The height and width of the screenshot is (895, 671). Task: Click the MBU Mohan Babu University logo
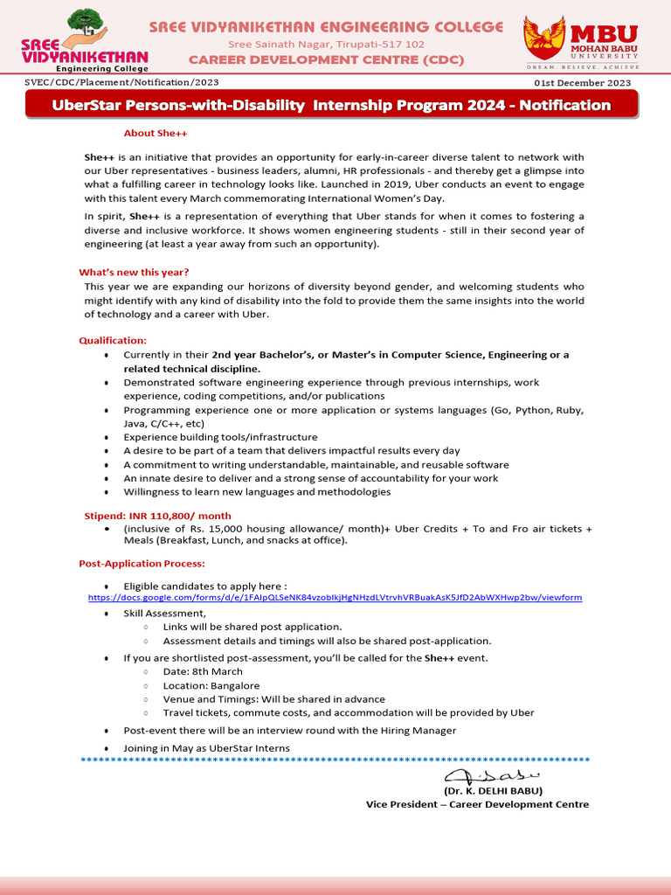point(580,41)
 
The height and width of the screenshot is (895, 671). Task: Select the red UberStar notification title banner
point(331,106)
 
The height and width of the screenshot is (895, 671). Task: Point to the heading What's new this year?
point(134,272)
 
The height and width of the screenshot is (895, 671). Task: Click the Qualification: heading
point(113,340)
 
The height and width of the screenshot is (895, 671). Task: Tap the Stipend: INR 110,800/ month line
point(157,516)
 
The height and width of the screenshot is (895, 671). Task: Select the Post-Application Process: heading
point(142,564)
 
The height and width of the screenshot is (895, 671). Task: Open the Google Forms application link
point(335,597)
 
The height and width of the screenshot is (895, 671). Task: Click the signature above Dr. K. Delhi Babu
point(492,776)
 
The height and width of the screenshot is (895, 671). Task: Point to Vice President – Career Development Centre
point(477,804)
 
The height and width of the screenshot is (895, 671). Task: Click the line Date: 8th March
point(203,672)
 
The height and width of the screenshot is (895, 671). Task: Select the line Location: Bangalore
point(211,686)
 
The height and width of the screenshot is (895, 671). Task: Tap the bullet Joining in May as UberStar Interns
point(206,748)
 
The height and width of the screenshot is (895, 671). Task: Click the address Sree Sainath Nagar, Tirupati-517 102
point(327,44)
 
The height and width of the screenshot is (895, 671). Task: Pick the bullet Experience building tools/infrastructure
point(220,437)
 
